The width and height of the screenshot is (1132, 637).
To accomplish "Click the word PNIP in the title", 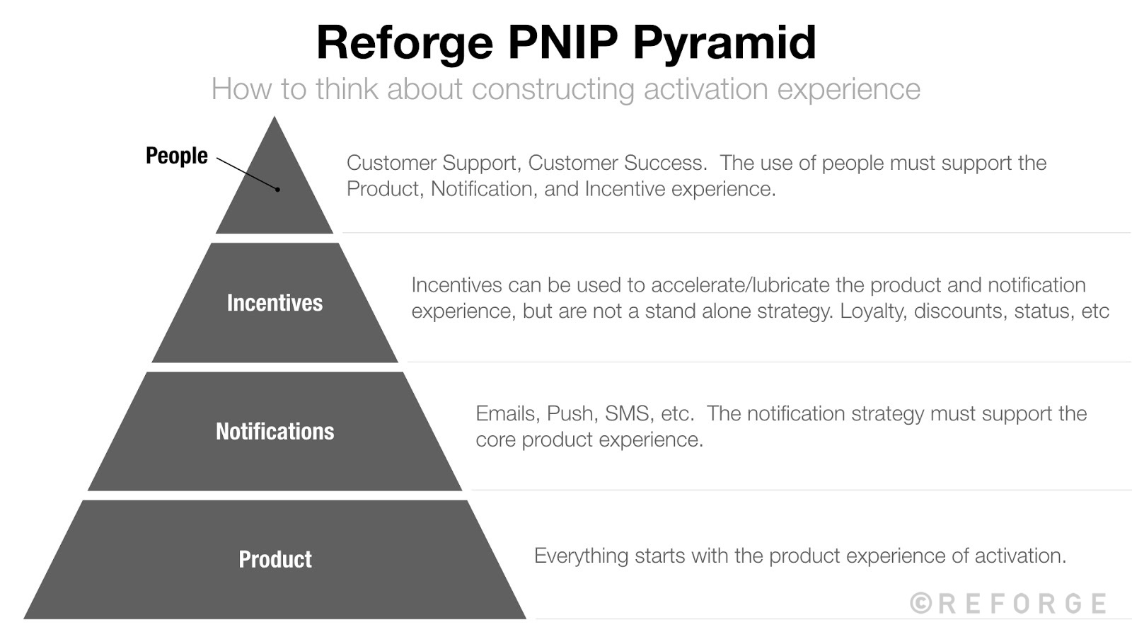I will tap(562, 42).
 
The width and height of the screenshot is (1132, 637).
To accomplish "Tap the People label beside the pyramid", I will tap(176, 156).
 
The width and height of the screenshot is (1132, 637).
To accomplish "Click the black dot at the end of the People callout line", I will tap(278, 190).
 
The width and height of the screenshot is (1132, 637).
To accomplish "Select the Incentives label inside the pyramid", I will tap(275, 303).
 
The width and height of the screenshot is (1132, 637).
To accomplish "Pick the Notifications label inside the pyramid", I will tap(275, 431).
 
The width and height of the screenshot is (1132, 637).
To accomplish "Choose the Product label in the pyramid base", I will tap(275, 559).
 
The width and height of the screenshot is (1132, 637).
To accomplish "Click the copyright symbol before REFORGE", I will tap(920, 603).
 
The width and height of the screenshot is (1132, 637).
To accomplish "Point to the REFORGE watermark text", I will tap(1022, 604).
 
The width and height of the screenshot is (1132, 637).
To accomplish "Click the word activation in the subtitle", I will tap(705, 90).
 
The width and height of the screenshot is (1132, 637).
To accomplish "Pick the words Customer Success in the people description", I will tap(617, 163).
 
